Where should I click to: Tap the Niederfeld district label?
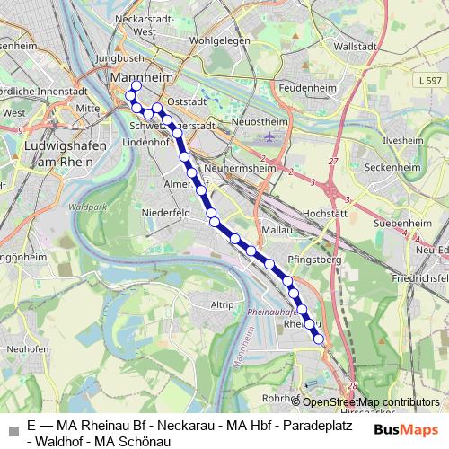pos(166,213)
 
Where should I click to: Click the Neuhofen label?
pos(26,348)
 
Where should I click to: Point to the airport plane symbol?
pos(269,137)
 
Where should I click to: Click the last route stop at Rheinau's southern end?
pos(319,339)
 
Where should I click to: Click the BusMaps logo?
pos(405,429)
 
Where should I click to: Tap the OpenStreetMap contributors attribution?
pos(365,401)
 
